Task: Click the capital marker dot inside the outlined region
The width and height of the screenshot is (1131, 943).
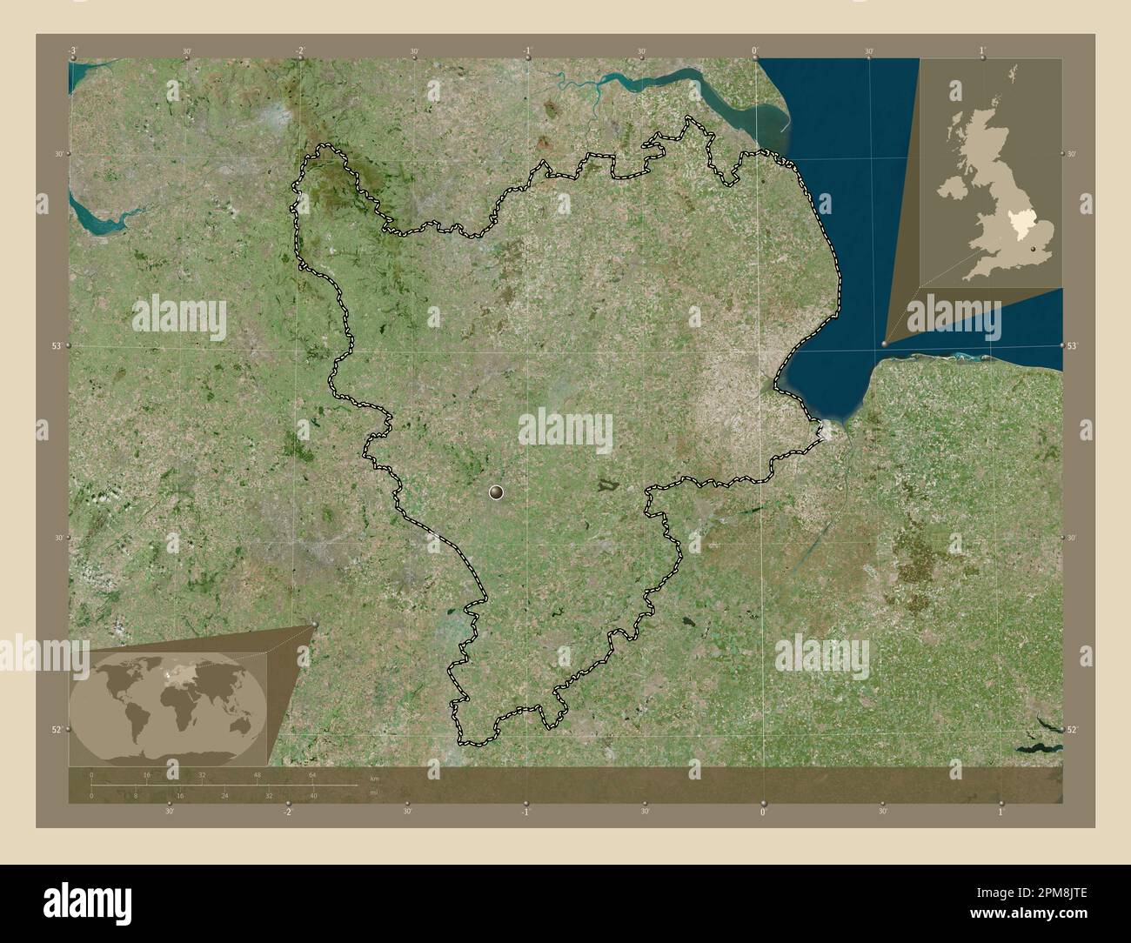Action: pos(497,492)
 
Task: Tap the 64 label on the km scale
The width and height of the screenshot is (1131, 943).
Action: pos(311,774)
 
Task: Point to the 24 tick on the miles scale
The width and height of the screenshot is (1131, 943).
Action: pos(224,796)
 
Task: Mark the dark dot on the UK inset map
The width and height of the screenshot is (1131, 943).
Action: pos(1034,249)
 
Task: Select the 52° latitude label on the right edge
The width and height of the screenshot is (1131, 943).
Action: pos(1074,729)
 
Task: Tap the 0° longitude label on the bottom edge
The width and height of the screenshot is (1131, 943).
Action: pos(763,813)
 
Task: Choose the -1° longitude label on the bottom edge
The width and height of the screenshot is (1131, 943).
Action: pos(525,813)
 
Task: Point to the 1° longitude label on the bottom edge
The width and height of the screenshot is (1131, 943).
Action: pos(1000,813)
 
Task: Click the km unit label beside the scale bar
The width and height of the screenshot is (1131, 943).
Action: pos(374,777)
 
